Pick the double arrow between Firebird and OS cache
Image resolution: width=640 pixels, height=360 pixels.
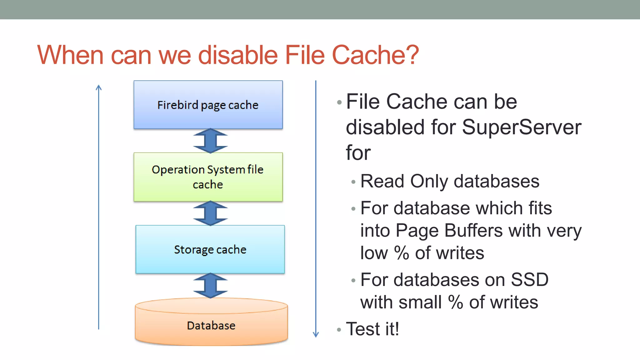point(210,141)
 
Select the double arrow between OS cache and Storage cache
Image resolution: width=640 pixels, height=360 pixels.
point(210,213)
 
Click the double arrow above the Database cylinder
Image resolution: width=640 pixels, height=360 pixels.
point(210,285)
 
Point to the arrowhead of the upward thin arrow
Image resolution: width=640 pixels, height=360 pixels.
point(99,87)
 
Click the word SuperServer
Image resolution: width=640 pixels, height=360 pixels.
point(521,127)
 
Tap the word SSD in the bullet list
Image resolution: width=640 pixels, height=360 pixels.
point(529,279)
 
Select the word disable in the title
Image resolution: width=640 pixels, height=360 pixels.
point(238,55)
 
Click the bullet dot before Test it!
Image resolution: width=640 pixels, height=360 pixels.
point(339,330)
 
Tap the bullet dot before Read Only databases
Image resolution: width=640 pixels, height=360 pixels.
point(353,182)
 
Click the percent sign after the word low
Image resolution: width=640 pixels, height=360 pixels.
point(401,253)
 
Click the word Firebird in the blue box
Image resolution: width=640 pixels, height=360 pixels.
point(177,105)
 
